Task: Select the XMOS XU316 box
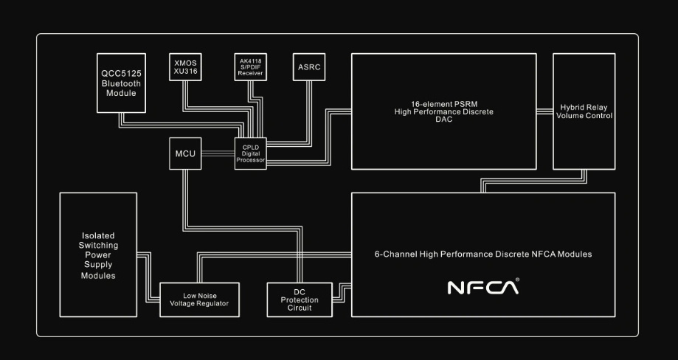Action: [x=184, y=66]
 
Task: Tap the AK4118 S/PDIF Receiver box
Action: [x=251, y=66]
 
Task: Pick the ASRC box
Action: [x=308, y=66]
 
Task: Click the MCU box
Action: [x=184, y=153]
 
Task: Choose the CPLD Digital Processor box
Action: [x=250, y=153]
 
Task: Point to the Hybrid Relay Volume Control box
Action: [x=585, y=111]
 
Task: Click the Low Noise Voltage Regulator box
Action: [x=199, y=300]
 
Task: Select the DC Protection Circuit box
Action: [x=300, y=300]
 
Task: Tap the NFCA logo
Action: [x=483, y=286]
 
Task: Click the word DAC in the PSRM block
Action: [x=443, y=120]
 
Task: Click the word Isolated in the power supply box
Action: [x=98, y=235]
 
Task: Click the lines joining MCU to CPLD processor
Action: [x=218, y=153]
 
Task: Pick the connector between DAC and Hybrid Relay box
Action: [x=545, y=111]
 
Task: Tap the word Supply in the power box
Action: [x=98, y=265]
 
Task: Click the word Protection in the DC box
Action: [x=300, y=300]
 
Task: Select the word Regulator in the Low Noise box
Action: [x=214, y=304]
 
